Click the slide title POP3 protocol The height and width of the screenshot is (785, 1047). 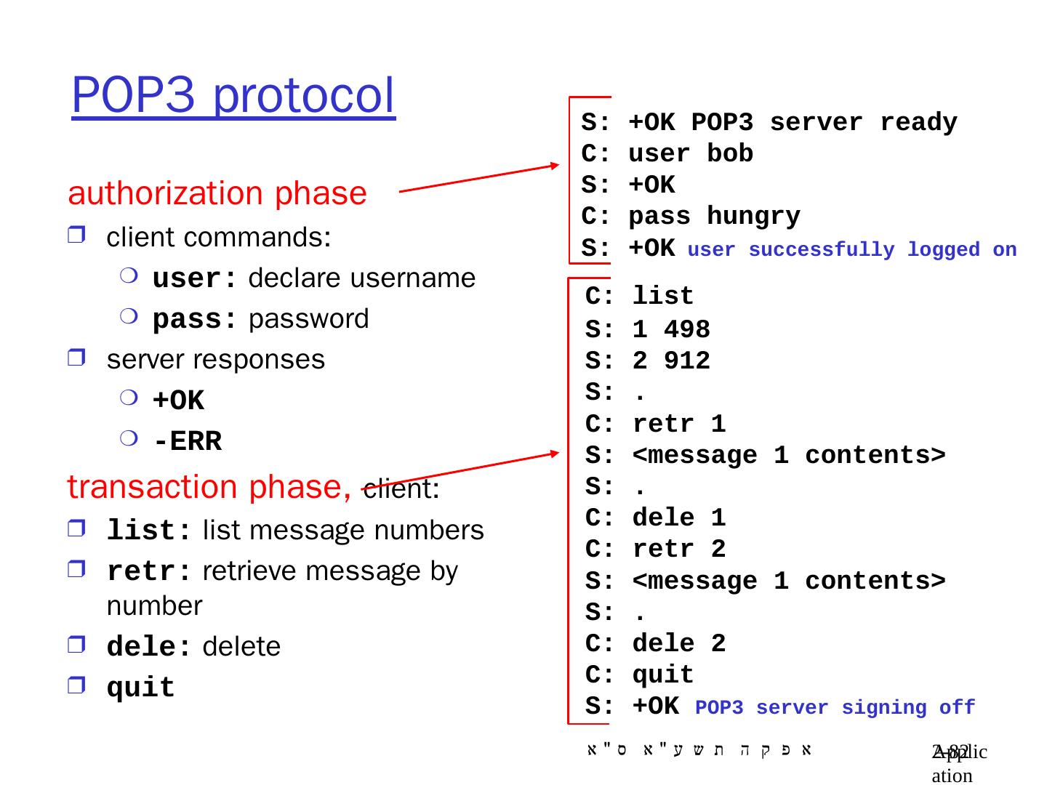point(233,97)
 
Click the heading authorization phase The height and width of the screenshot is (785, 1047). point(217,193)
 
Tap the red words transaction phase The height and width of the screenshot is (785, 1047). point(209,487)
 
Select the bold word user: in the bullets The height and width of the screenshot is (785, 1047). point(194,279)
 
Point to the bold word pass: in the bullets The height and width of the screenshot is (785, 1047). point(194,320)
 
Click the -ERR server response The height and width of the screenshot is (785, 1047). point(187,442)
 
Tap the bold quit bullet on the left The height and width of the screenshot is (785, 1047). point(141,688)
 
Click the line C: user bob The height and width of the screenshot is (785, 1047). point(667,154)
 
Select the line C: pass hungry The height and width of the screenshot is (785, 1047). point(691,217)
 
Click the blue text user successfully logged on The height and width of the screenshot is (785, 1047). point(851,250)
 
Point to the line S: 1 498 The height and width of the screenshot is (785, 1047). point(648,330)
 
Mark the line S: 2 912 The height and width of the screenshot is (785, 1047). point(648,361)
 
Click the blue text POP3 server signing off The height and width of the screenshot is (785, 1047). point(835,707)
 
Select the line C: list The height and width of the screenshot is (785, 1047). point(640,297)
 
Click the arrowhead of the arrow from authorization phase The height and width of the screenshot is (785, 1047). point(553,166)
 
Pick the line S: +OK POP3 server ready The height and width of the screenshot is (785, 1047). point(769,123)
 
